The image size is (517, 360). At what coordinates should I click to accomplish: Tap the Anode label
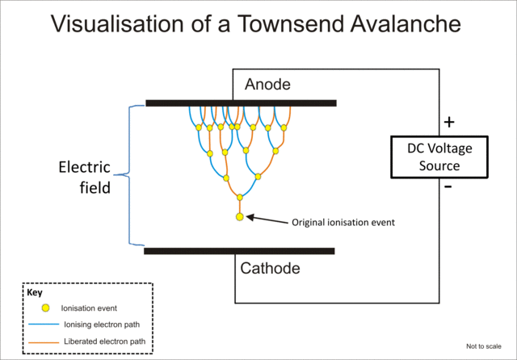click(267, 85)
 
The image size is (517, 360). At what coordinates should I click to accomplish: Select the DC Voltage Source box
click(439, 157)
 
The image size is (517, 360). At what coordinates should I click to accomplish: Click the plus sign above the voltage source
click(449, 123)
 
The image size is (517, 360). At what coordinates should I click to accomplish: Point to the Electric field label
click(84, 177)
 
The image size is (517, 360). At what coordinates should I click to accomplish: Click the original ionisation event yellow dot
click(239, 217)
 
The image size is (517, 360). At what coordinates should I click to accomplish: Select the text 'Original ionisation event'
click(343, 222)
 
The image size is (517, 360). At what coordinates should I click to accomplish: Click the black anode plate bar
click(241, 103)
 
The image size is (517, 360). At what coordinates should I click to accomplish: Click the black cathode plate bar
click(239, 251)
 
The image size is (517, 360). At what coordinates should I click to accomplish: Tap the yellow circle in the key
click(45, 308)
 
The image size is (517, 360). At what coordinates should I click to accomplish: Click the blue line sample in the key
click(45, 324)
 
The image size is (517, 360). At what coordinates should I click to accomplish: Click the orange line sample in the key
click(45, 341)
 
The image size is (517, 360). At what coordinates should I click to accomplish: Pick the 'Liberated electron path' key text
click(104, 341)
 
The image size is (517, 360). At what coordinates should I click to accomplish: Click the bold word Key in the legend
click(34, 293)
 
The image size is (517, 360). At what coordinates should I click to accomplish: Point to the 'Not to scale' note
click(485, 346)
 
